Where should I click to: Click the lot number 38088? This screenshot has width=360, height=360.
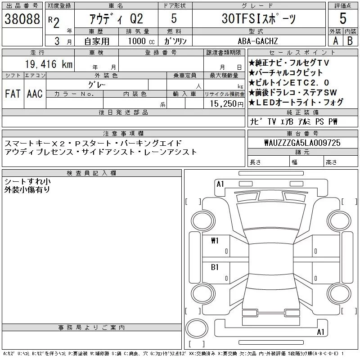(x=22, y=19)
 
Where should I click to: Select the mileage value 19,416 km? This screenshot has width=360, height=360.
(x=49, y=64)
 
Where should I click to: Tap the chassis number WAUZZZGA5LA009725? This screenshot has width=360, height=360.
(x=302, y=143)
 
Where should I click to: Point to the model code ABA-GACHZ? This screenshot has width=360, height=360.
(x=258, y=41)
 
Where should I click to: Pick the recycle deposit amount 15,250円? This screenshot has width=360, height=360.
(x=227, y=104)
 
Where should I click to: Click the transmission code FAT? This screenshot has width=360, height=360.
(x=13, y=94)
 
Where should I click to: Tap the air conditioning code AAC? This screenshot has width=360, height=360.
(x=35, y=94)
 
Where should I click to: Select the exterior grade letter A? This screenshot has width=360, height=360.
(x=335, y=41)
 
